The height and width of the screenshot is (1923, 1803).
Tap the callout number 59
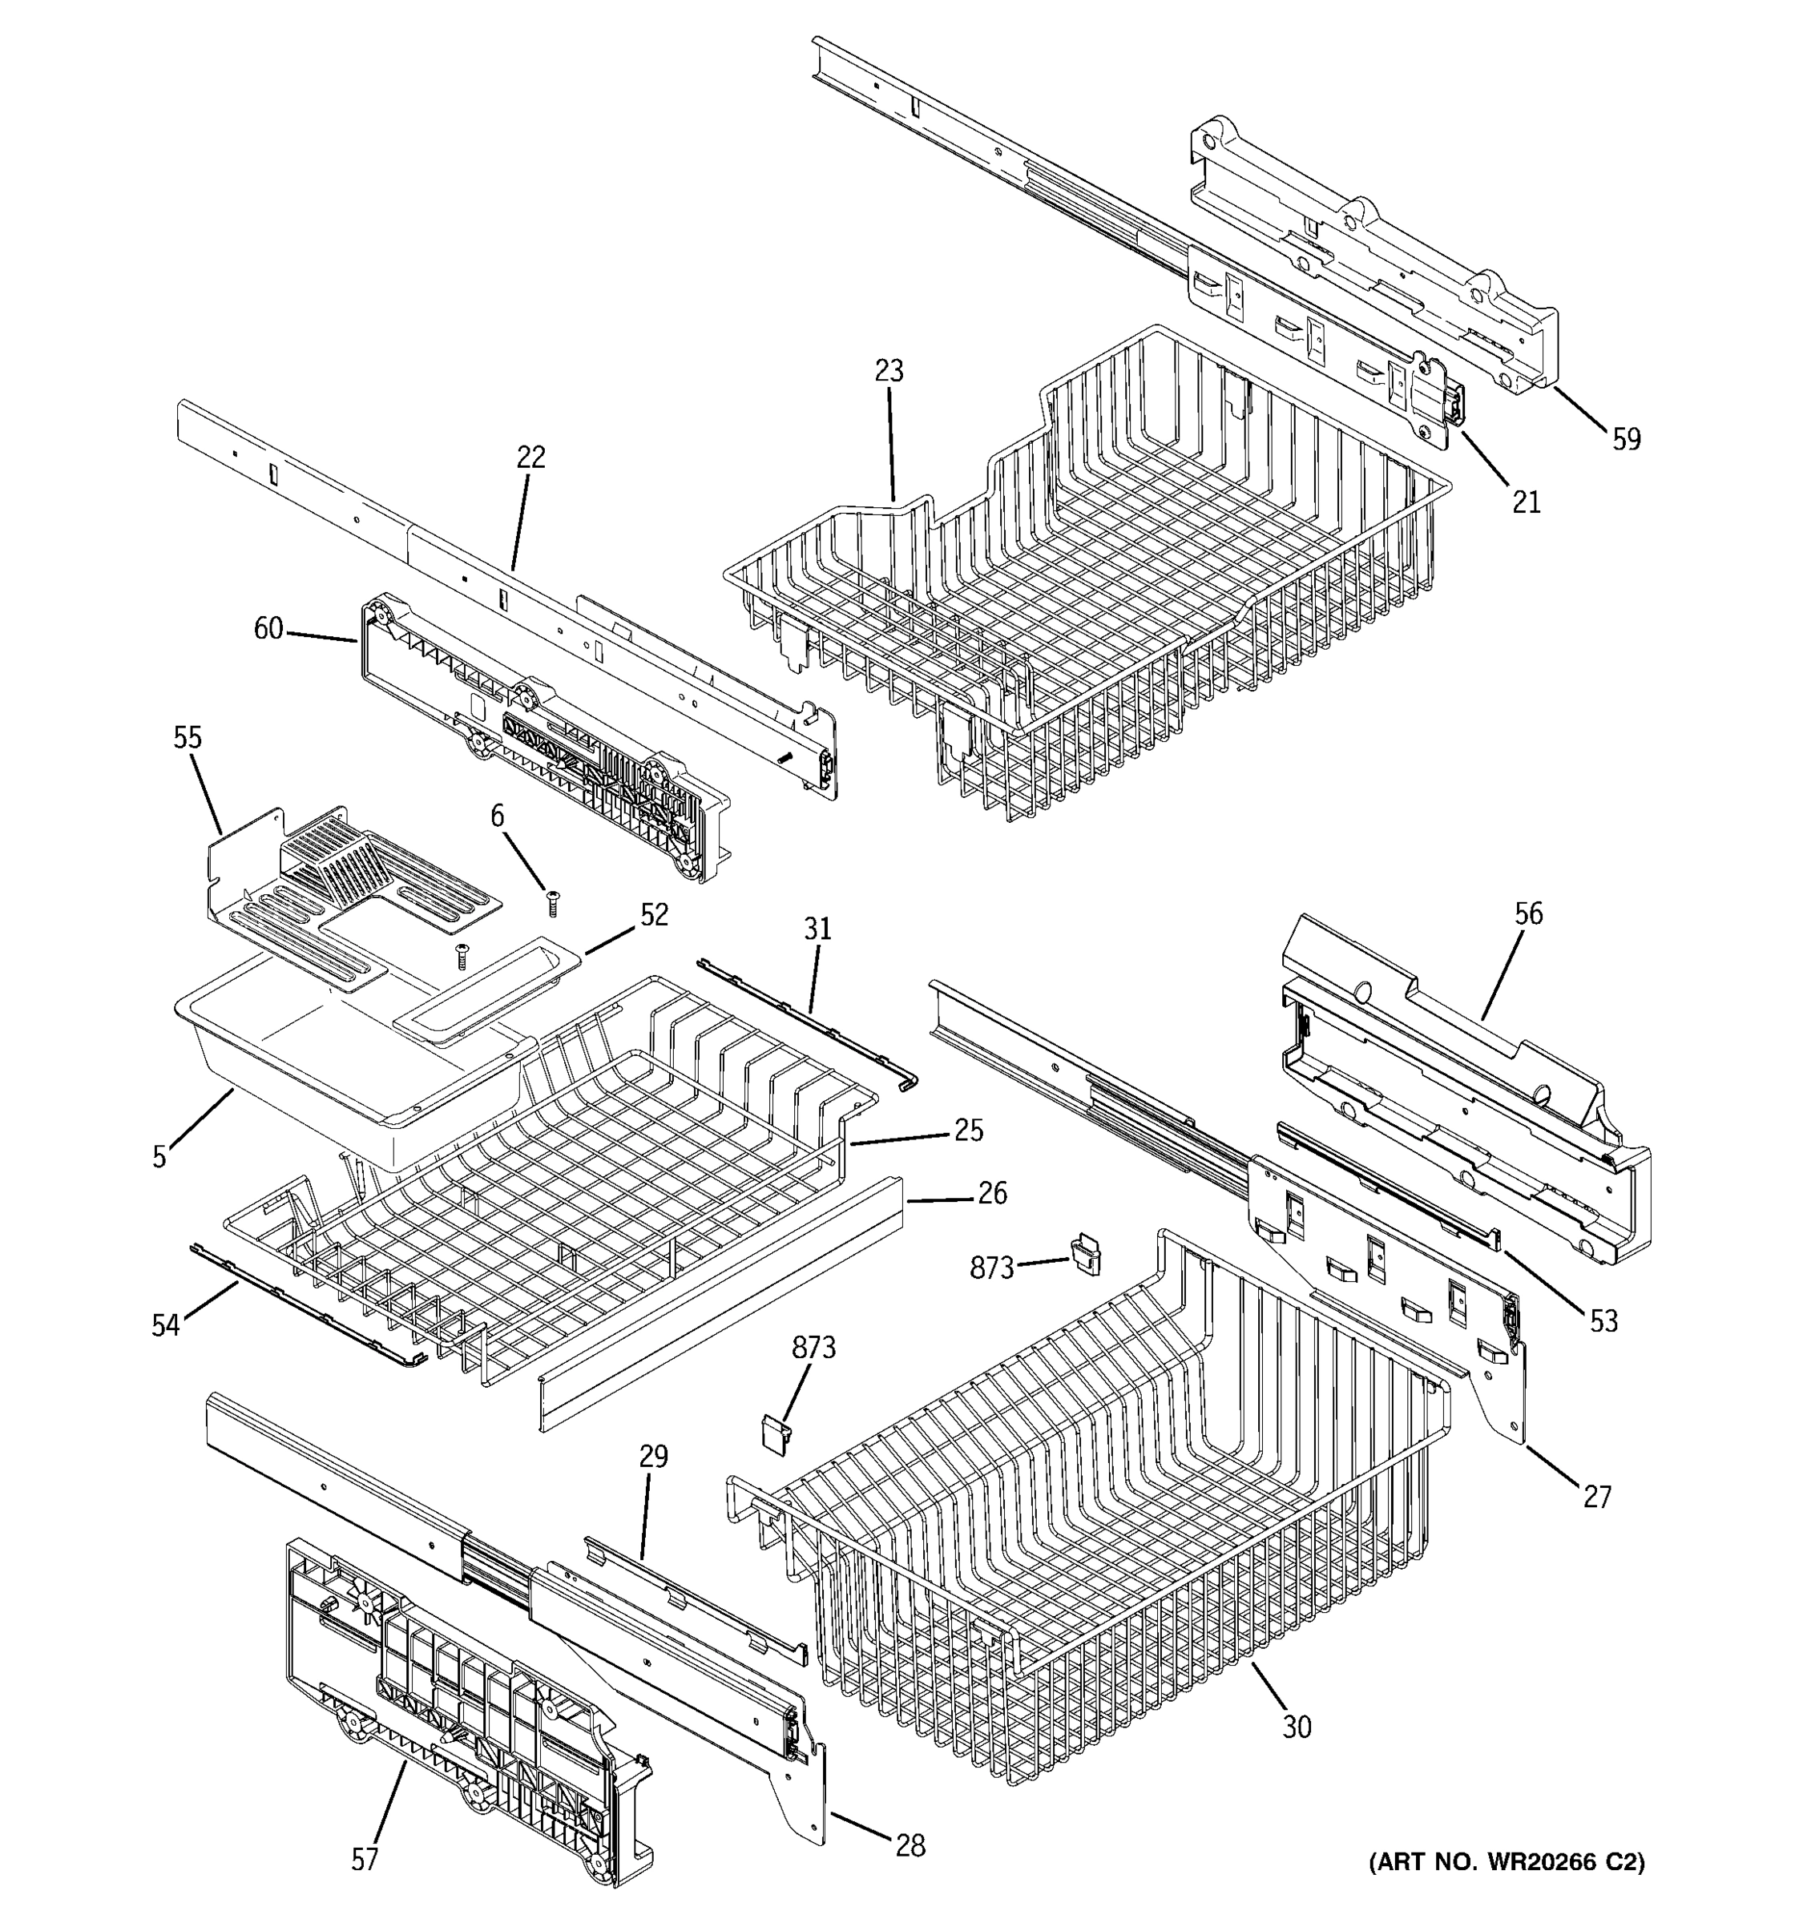click(1626, 439)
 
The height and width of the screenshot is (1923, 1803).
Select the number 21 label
click(1526, 502)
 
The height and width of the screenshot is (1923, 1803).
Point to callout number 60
click(268, 629)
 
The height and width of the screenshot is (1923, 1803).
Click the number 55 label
click(188, 738)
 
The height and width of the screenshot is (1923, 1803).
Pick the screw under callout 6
click(553, 904)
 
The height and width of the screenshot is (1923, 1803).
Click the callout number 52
click(654, 915)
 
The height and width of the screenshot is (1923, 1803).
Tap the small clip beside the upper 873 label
click(1085, 1256)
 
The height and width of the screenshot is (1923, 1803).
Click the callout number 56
click(1528, 913)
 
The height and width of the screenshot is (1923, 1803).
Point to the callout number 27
click(1597, 1498)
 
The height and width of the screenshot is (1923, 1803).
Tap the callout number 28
click(910, 1845)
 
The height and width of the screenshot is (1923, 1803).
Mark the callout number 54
click(165, 1325)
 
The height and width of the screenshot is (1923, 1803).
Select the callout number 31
click(817, 929)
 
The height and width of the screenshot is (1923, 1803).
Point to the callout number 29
click(654, 1456)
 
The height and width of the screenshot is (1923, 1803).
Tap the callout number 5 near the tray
click(159, 1157)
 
